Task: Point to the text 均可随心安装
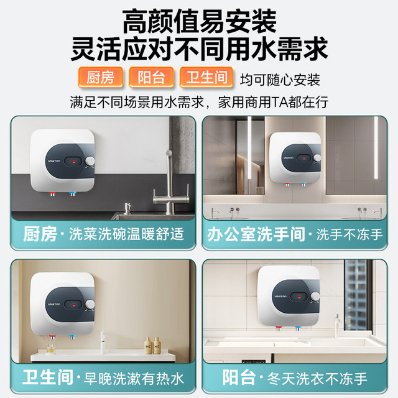(x=280, y=80)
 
